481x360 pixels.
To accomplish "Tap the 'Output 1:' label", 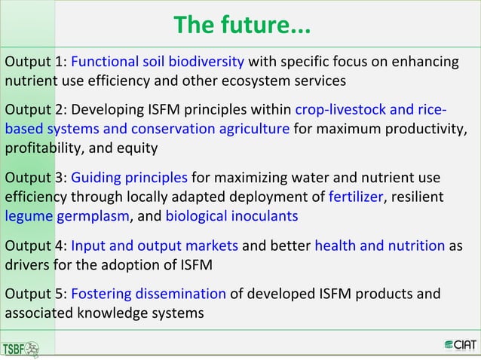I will click(x=35, y=61).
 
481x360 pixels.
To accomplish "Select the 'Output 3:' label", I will click(x=35, y=179).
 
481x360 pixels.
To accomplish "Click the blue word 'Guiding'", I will click(x=97, y=179).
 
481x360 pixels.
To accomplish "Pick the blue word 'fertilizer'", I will click(x=356, y=197).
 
